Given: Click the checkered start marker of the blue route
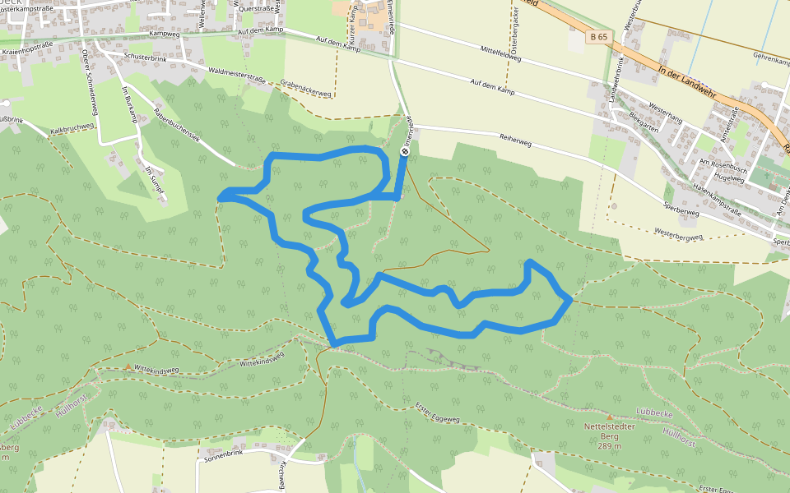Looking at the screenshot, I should [405, 151].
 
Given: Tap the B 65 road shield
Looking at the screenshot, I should [598, 37].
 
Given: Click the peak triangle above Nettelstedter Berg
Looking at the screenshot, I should [610, 417].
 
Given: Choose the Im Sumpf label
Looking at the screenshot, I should [155, 180].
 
